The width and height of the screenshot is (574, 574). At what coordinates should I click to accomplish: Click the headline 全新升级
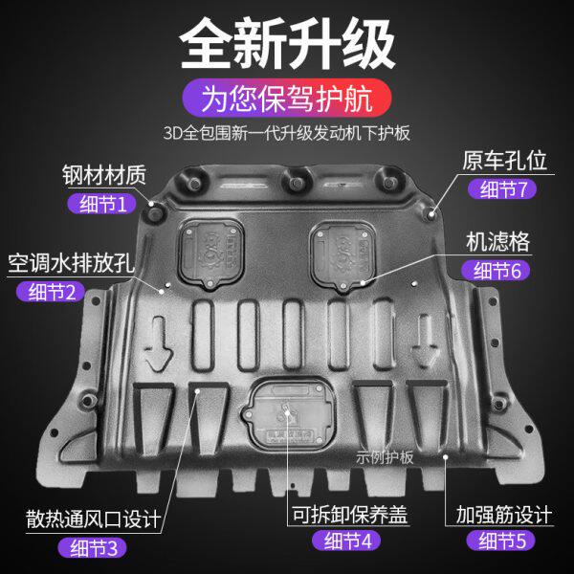[287, 42]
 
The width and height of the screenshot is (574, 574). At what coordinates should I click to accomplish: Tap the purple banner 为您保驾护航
[286, 97]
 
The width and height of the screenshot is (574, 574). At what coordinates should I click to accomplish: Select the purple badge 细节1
[102, 203]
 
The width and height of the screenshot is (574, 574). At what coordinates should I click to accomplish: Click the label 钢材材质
[106, 176]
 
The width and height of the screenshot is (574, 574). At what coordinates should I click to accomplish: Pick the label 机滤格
[497, 241]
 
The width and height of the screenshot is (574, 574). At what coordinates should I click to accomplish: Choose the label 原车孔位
[497, 161]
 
